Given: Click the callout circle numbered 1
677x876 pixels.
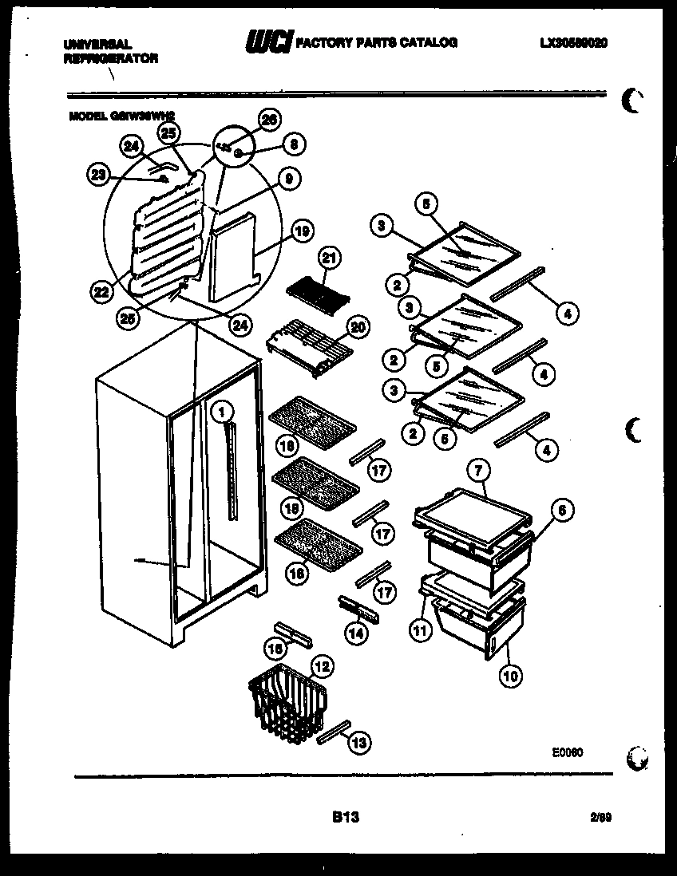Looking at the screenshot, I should pyautogui.click(x=222, y=412).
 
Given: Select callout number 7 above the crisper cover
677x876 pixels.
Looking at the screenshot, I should pyautogui.click(x=477, y=471).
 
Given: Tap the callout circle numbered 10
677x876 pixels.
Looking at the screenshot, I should pyautogui.click(x=510, y=676).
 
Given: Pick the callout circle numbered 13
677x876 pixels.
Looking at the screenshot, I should pyautogui.click(x=359, y=742).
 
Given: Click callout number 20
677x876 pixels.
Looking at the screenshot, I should pyautogui.click(x=358, y=326).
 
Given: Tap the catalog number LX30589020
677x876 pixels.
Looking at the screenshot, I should pyautogui.click(x=572, y=43).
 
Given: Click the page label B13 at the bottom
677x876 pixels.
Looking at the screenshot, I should pyautogui.click(x=345, y=816).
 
